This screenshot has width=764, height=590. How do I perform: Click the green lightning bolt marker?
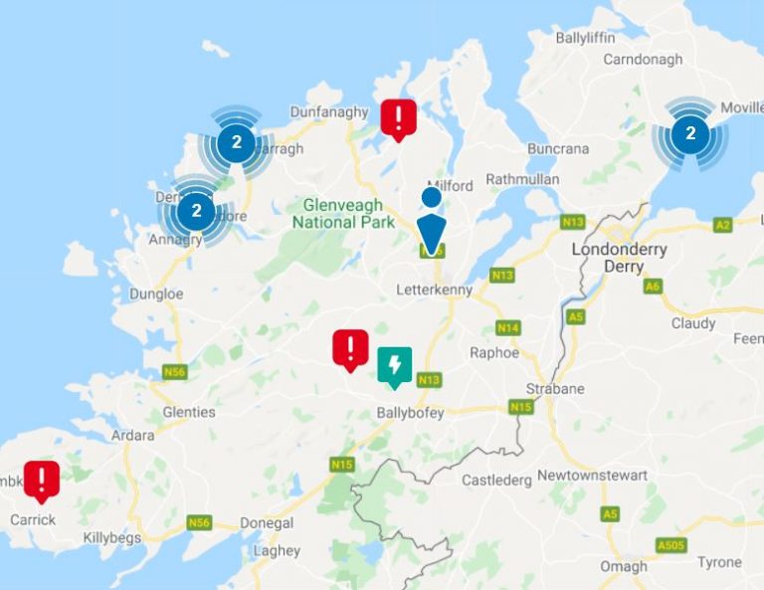(395, 364)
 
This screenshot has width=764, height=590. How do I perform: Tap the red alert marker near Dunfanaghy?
(399, 118)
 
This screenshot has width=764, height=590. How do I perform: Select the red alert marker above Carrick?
(42, 480)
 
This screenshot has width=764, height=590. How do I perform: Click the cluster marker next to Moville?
(689, 133)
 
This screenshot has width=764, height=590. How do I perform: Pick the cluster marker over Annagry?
(196, 211)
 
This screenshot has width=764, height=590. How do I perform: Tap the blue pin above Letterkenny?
(431, 234)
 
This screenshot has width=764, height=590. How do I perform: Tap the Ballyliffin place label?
(586, 38)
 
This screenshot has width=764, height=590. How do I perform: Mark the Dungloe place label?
(157, 295)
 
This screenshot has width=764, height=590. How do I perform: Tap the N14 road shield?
(508, 327)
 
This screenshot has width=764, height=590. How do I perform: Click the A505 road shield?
(671, 546)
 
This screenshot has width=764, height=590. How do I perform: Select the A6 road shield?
(653, 286)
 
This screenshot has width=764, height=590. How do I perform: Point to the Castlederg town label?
(496, 481)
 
